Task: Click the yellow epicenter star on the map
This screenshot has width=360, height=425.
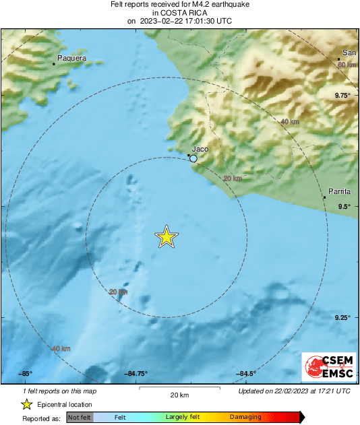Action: (x=167, y=237)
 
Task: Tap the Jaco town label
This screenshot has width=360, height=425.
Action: (x=200, y=149)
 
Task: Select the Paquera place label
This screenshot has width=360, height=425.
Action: (x=71, y=59)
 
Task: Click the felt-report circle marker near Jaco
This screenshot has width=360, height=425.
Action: (x=193, y=158)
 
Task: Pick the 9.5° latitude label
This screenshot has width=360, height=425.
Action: (x=344, y=207)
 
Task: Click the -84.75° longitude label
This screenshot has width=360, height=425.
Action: (x=136, y=374)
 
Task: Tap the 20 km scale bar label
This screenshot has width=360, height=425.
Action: (x=179, y=395)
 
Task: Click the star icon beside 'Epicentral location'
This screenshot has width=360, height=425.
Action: (x=26, y=404)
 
